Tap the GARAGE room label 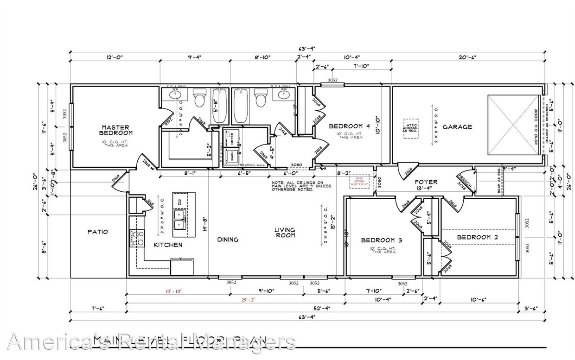coord(457,126)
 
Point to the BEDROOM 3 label coord(381,240)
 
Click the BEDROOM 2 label coord(477,237)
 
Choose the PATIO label coord(98,232)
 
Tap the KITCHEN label coord(168,245)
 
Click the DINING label coord(228,240)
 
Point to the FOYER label coord(426,182)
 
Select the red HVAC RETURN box coord(360,181)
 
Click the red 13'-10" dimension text coord(174,291)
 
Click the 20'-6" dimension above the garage coord(466,57)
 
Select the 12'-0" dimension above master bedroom coord(114,57)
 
